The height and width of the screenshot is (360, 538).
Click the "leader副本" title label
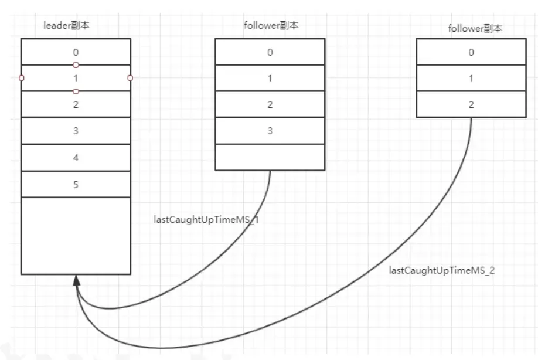pyautogui.click(x=67, y=26)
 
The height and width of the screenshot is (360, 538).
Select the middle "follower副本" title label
pyautogui.click(x=270, y=26)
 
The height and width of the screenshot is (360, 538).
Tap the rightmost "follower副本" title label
pyautogui.click(x=475, y=28)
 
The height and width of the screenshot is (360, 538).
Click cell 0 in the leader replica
pyautogui.click(x=76, y=52)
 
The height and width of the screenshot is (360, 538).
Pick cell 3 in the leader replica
pyautogui.click(x=76, y=131)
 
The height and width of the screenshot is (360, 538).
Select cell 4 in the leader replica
pyautogui.click(x=76, y=157)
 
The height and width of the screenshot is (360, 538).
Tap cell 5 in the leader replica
pyautogui.click(x=76, y=184)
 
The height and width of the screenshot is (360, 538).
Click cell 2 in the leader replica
pyautogui.click(x=76, y=104)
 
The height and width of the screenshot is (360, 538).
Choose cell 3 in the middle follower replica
pyautogui.click(x=270, y=131)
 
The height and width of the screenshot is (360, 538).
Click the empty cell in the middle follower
pyautogui.click(x=270, y=157)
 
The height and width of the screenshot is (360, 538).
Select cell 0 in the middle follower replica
pyautogui.click(x=270, y=52)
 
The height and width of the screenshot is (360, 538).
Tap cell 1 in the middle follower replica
pyautogui.click(x=270, y=78)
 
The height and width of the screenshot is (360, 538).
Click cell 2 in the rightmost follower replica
pyautogui.click(x=471, y=104)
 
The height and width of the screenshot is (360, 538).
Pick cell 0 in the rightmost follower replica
pyautogui.click(x=471, y=52)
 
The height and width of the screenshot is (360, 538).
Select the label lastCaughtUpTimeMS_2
pyautogui.click(x=442, y=270)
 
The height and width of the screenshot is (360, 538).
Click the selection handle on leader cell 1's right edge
pyautogui.click(x=130, y=78)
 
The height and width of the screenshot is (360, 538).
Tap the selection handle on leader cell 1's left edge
pyautogui.click(x=21, y=78)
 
